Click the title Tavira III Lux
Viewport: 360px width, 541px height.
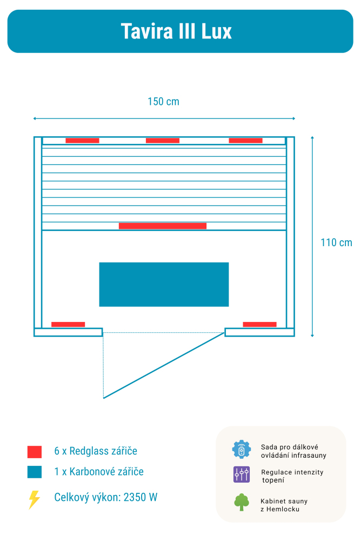click(176, 31)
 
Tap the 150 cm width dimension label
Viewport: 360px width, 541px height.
click(163, 102)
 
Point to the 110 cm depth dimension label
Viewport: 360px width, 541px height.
click(336, 243)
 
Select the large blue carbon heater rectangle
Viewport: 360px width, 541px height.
click(164, 285)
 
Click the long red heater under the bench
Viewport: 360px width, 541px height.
click(162, 226)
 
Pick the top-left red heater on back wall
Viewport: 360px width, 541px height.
click(82, 141)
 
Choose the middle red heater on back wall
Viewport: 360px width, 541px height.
click(162, 141)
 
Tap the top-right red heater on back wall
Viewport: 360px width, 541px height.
click(245, 141)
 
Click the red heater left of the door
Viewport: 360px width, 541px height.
click(68, 325)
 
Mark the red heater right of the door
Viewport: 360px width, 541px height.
click(259, 325)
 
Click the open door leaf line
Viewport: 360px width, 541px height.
click(164, 366)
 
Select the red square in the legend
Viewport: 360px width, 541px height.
click(35, 452)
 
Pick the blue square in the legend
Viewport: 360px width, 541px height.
click(35, 472)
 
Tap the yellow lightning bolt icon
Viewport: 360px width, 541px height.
click(34, 499)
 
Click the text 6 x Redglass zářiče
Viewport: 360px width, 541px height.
click(96, 451)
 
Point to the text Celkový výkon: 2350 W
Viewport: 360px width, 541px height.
click(106, 498)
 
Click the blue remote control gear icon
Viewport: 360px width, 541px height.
click(242, 450)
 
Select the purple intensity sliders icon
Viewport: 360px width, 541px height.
click(242, 474)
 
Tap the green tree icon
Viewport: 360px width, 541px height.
click(242, 502)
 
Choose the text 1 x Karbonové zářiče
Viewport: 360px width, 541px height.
click(99, 472)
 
